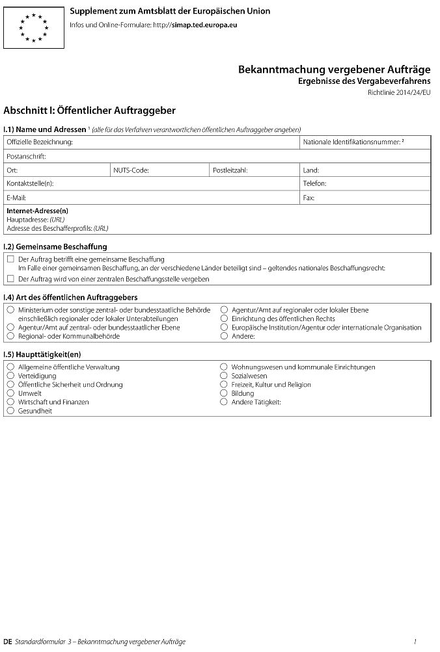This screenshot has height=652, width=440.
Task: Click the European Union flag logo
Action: click(34, 27)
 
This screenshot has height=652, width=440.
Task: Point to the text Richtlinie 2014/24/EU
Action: click(399, 93)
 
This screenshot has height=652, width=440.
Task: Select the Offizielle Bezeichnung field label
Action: click(40, 142)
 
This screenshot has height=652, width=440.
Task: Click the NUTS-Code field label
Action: click(131, 170)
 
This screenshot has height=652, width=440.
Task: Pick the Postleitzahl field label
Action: click(230, 170)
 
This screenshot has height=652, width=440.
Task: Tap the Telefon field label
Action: click(315, 184)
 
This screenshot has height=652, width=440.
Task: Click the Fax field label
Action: click(309, 198)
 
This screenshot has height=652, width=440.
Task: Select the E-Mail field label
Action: click(16, 198)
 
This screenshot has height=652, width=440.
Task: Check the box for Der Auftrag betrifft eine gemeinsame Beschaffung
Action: click(10, 259)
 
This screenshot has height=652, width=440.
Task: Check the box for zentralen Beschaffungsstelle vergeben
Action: click(10, 279)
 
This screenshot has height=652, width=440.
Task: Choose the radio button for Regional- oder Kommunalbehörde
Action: click(10, 337)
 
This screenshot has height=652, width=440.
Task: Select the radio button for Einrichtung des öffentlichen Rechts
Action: click(225, 319)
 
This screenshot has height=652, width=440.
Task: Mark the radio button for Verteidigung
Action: click(10, 376)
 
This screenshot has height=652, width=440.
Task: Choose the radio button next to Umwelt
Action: click(10, 393)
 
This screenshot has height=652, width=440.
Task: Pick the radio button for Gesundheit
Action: click(10, 411)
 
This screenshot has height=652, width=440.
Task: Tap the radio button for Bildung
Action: click(225, 393)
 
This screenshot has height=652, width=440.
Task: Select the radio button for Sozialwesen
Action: click(225, 376)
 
